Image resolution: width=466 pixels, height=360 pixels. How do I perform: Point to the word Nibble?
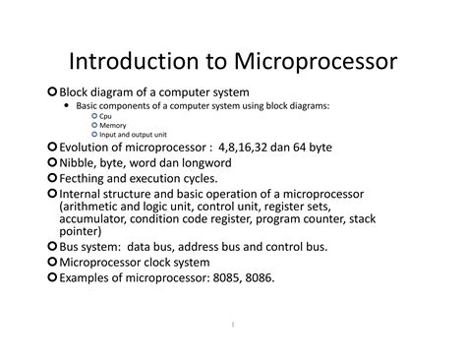tap(83, 162)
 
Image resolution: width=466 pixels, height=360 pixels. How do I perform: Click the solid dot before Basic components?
tap(67, 105)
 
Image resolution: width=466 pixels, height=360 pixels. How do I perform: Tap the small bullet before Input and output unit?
tap(94, 135)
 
